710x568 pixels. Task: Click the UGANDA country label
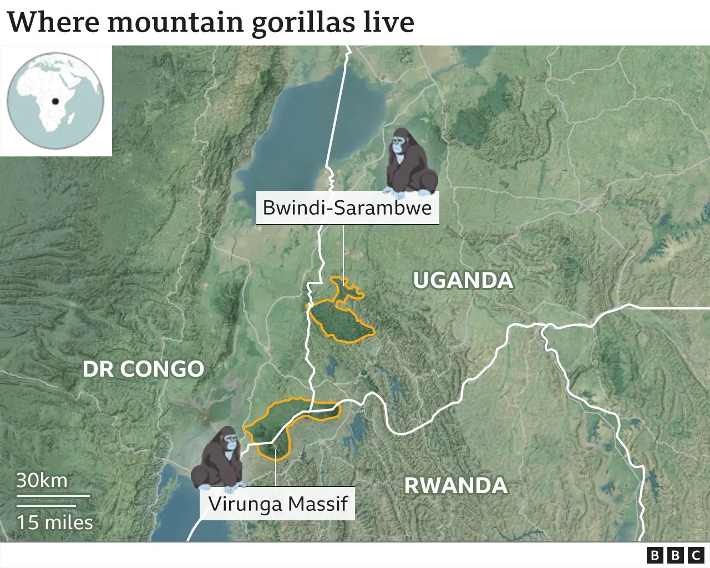[x=463, y=280]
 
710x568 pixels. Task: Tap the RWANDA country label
[x=455, y=485]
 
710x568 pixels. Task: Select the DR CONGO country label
[x=143, y=369]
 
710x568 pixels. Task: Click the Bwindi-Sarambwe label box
[x=347, y=208]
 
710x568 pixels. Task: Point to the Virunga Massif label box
[x=278, y=504]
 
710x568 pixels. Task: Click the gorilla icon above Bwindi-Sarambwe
[x=410, y=163]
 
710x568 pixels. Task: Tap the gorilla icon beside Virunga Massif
[x=218, y=459]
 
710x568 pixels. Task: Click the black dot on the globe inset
[x=55, y=101]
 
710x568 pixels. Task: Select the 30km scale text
[x=42, y=480]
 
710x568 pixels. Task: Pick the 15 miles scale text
[x=54, y=523]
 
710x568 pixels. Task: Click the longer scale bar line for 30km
[x=53, y=495]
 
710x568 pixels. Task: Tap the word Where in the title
[x=53, y=22]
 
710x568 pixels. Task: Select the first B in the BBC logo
[x=655, y=555]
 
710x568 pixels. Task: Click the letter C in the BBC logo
[x=696, y=555]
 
